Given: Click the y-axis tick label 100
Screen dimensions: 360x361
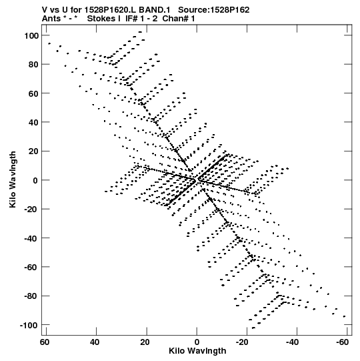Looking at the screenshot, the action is tap(31, 36).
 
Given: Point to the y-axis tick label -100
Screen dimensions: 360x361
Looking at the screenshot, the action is tap(29, 326).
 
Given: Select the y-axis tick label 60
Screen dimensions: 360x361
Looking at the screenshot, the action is tap(33, 93).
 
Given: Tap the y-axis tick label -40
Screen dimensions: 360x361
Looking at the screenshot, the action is tap(31, 238).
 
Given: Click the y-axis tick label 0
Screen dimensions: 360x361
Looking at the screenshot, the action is tap(35, 180).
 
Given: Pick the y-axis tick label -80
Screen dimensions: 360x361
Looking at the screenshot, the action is tap(31, 296).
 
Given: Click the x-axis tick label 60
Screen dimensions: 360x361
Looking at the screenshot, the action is tap(45, 342).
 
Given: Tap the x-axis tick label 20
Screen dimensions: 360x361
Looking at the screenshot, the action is tap(145, 342).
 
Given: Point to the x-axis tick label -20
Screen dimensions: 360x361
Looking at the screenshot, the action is tap(242, 342).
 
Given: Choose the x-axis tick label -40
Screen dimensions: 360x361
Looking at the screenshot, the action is tap(292, 342).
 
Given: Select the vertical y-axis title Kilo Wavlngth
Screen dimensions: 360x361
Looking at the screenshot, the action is tap(13, 179).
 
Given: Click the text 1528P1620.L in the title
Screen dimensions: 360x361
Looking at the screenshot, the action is tap(110, 10).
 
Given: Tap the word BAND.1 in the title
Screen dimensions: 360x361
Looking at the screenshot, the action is tap(155, 10).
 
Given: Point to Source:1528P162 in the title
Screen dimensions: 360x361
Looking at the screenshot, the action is tap(214, 10).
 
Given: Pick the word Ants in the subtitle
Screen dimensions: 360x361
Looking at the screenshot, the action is tap(51, 19).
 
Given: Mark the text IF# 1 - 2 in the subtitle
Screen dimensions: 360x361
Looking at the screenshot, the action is tap(141, 19).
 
